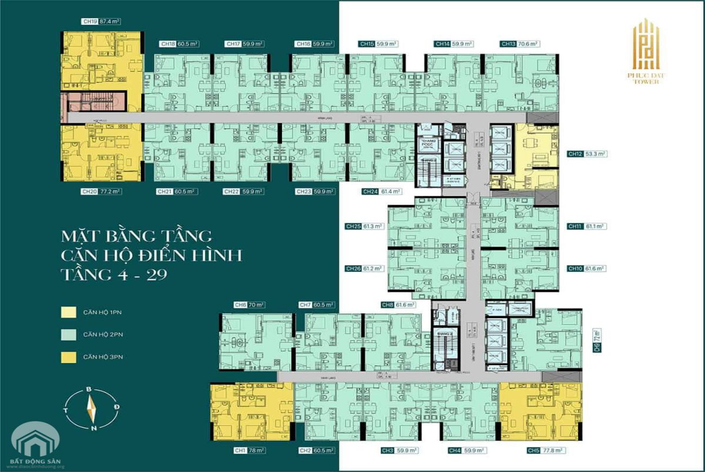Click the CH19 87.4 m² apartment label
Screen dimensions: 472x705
101,22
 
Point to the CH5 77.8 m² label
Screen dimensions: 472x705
546,451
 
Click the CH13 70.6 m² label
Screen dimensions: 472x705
520,44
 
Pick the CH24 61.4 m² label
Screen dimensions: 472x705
382,192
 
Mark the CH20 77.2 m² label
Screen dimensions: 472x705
101,192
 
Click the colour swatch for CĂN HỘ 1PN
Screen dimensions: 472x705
69,312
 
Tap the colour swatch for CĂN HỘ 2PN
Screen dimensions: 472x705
69,334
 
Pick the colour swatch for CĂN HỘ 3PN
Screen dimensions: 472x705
69,356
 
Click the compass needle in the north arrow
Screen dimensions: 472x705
92,409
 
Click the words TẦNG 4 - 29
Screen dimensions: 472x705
114,274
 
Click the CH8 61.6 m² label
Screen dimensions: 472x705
399,305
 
